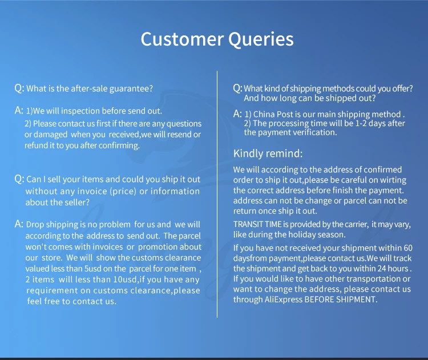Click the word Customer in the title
[182, 39]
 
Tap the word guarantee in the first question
[131, 89]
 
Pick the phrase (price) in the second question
[123, 191]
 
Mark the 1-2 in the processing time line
[361, 123]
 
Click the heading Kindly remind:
[268, 153]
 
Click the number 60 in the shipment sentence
[408, 248]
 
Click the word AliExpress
[283, 300]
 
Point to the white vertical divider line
[217, 194]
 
